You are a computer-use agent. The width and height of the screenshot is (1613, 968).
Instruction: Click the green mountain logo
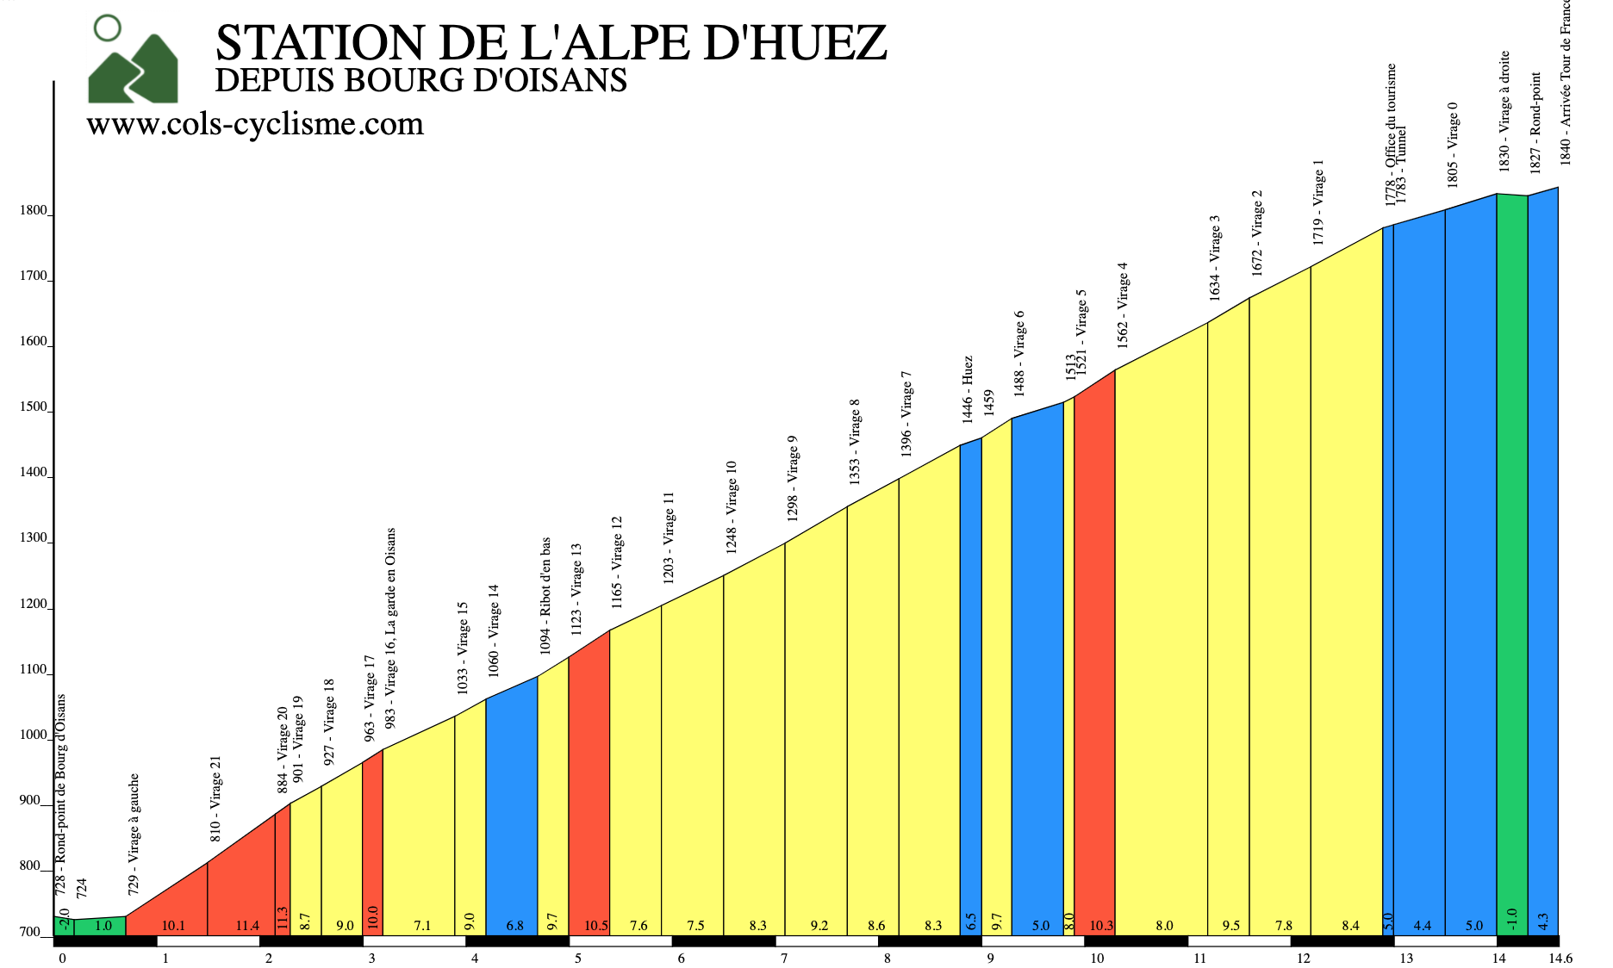(133, 62)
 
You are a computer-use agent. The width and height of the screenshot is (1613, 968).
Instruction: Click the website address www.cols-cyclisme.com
(255, 124)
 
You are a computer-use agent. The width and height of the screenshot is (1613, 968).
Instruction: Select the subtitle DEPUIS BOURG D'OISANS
(420, 80)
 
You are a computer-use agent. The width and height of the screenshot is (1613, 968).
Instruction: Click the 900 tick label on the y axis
(30, 801)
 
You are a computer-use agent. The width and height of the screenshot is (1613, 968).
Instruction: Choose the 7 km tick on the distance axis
(784, 959)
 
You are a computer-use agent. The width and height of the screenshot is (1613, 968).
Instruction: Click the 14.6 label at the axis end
(1560, 959)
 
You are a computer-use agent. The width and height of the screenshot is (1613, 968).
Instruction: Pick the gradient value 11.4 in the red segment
(247, 926)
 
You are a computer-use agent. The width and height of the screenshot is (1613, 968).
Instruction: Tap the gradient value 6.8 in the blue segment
(514, 926)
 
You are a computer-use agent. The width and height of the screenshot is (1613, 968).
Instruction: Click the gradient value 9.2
(819, 926)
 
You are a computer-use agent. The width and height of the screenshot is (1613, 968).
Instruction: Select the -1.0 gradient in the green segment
(1511, 919)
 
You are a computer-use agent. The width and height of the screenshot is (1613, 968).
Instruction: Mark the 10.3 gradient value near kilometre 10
(1101, 926)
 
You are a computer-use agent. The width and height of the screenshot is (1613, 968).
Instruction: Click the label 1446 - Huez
(967, 389)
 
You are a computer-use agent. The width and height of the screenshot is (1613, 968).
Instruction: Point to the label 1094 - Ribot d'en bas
(545, 596)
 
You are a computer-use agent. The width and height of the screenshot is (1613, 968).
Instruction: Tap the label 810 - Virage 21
(215, 798)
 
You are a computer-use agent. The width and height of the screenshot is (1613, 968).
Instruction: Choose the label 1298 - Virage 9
(793, 478)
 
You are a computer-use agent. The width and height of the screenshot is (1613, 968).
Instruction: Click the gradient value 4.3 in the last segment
(1542, 921)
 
